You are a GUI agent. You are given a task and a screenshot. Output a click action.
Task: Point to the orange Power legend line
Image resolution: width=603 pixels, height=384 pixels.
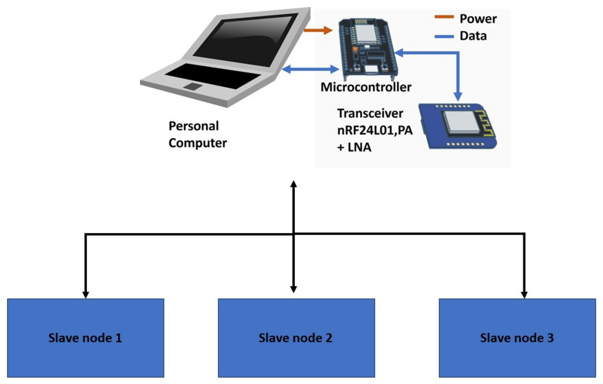[x=444, y=17]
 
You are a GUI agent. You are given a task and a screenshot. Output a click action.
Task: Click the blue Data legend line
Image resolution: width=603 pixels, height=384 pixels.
[x=444, y=37]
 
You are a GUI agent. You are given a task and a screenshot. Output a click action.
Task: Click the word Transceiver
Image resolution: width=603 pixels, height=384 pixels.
[x=370, y=114]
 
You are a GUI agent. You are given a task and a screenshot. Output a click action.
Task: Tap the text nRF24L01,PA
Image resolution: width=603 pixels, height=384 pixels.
[x=375, y=130]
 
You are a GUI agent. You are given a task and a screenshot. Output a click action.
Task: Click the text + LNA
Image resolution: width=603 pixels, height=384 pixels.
[x=354, y=147]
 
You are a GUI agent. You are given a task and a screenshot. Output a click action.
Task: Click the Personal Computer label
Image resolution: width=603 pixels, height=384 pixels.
[x=197, y=134]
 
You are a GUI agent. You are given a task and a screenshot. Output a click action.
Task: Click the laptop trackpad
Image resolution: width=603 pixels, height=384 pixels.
[x=193, y=87]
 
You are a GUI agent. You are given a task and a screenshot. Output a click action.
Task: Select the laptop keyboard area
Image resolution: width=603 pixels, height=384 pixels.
[x=213, y=76]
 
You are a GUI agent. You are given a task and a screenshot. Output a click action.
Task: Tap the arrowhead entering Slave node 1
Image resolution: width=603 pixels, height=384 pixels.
[x=86, y=295]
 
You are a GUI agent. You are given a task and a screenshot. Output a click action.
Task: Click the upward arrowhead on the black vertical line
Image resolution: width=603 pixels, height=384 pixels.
[x=293, y=184]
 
